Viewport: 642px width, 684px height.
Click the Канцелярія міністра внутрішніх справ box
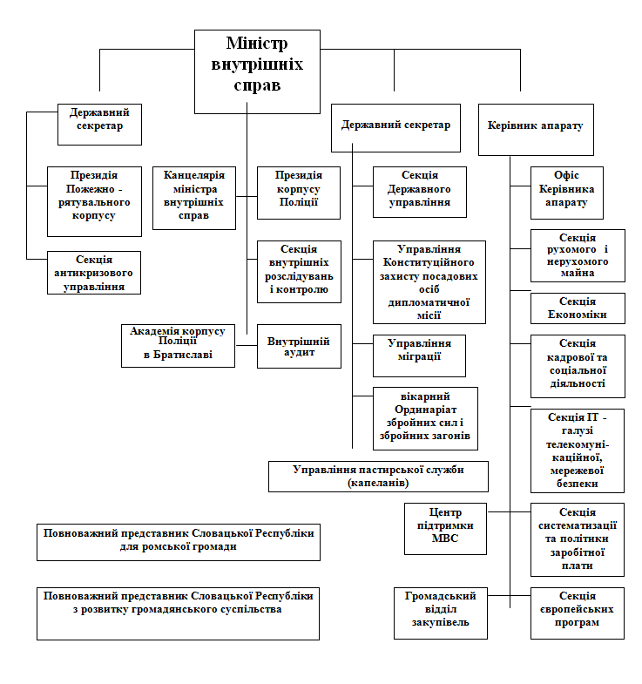tap(194, 198)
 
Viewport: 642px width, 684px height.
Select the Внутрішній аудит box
tap(299, 346)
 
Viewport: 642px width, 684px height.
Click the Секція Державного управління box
tap(420, 192)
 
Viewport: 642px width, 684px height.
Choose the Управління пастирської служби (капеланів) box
tap(378, 476)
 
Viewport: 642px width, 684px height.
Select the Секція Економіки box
tap(578, 308)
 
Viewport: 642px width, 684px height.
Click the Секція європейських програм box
tap(578, 613)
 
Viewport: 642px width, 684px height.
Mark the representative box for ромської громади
tap(178, 541)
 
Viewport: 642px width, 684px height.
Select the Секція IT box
tap(578, 450)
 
